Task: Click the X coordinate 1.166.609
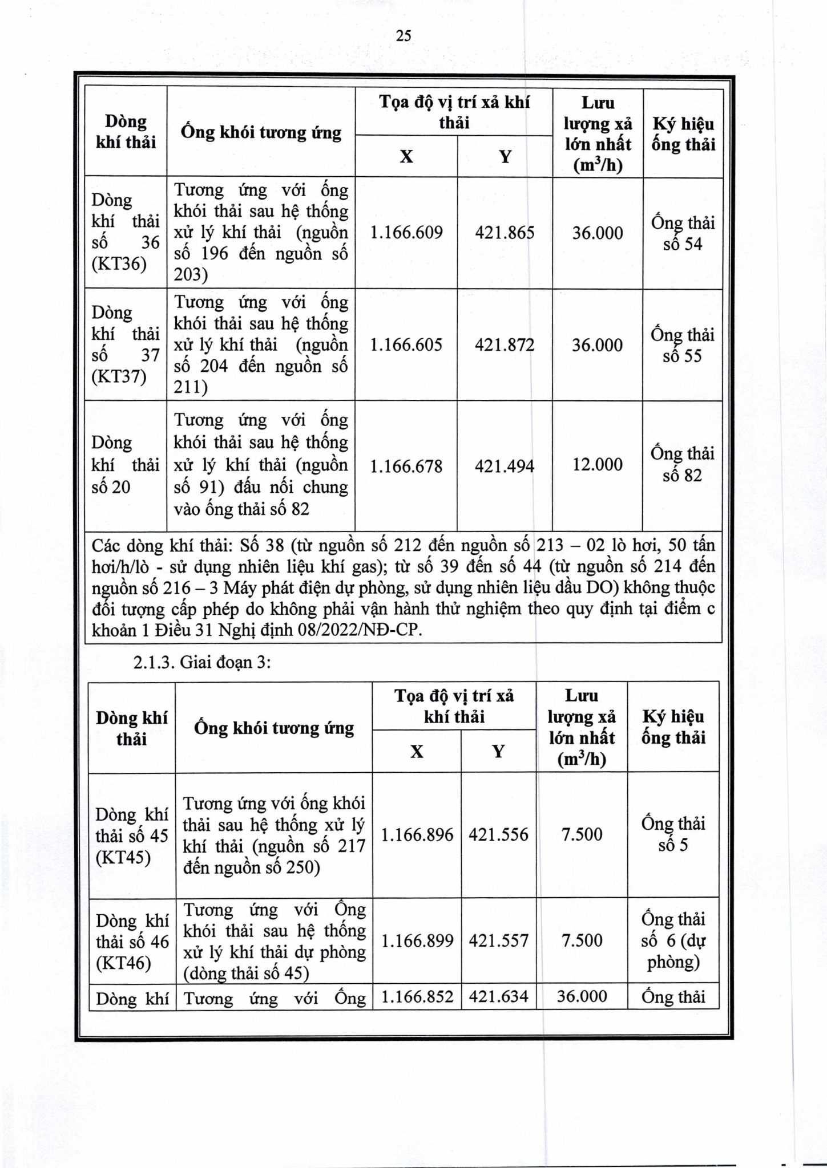point(406,233)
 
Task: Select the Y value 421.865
point(505,233)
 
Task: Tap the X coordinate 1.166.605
point(406,344)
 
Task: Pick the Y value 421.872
point(505,344)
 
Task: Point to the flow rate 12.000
point(597,464)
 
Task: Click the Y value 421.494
point(505,467)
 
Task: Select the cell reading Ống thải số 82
point(683,464)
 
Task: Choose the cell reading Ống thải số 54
point(683,233)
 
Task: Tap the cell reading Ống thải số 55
point(683,345)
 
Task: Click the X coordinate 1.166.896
point(417,835)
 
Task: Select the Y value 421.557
point(498,940)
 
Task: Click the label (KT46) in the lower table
point(124,963)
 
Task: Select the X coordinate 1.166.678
point(406,467)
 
